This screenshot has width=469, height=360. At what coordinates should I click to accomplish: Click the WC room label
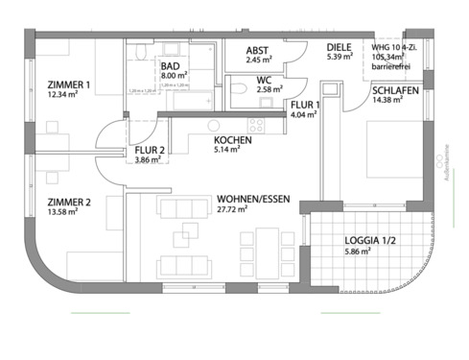[263, 80]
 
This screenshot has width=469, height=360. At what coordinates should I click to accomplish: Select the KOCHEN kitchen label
[233, 140]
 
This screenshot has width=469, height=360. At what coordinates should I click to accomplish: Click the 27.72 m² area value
[233, 208]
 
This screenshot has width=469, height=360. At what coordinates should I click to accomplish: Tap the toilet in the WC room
[238, 89]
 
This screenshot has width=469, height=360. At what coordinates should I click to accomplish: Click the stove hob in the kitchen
[256, 125]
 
